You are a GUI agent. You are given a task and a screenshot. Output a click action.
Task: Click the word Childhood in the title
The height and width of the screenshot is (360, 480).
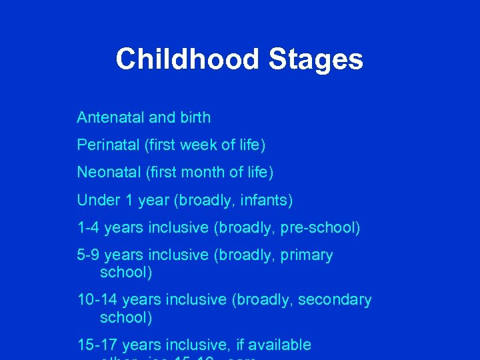click(x=187, y=59)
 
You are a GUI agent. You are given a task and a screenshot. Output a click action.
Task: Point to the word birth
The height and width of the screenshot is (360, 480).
click(x=194, y=118)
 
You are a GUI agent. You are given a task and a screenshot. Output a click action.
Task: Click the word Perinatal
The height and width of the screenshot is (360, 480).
click(x=107, y=145)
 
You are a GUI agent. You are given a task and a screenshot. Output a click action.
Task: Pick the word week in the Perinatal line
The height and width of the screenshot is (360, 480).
click(x=205, y=145)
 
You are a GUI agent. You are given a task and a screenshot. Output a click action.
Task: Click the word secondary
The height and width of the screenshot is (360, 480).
click(x=335, y=300)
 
